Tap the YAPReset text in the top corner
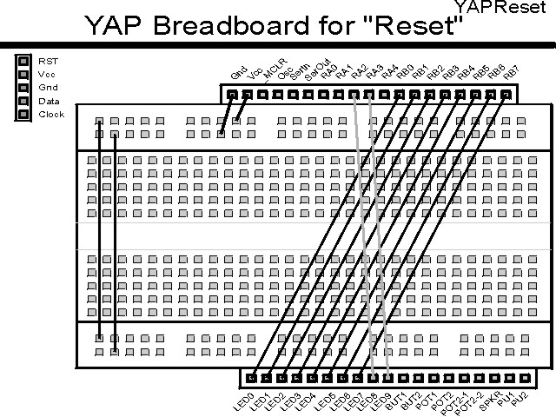coord(505,8)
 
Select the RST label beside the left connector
coord(48,61)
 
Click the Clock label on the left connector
coord(51,114)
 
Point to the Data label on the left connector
coord(49,101)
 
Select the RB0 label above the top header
coord(405,73)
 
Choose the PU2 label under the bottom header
coord(520,400)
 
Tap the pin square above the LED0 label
coord(252,378)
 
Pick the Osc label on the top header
coord(286,75)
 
